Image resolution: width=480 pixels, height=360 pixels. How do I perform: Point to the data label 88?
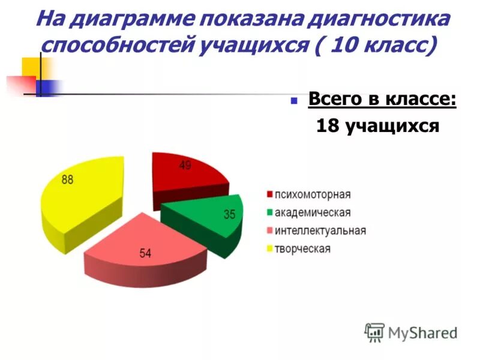[x=68, y=179]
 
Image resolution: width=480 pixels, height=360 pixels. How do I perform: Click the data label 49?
[x=185, y=166]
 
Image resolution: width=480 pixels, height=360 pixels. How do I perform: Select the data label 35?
[x=229, y=214]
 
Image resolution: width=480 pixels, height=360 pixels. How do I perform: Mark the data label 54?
[x=146, y=254]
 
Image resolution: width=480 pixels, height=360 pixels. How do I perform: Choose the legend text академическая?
[x=313, y=212]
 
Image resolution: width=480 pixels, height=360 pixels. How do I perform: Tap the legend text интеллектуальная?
[x=320, y=230]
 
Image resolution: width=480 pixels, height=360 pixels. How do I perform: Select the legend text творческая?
[x=302, y=248]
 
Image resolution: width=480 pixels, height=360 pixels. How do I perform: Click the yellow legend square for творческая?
[x=270, y=249]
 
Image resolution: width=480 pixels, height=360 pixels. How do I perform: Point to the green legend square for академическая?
[x=270, y=213]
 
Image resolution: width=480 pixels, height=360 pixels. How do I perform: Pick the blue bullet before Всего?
[x=294, y=101]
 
